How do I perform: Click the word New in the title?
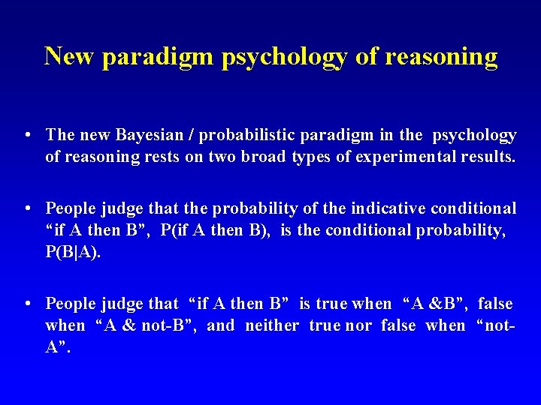point(70,56)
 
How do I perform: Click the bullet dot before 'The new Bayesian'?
point(27,136)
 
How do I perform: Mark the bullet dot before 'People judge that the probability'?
point(27,208)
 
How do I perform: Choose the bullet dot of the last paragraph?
point(27,304)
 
